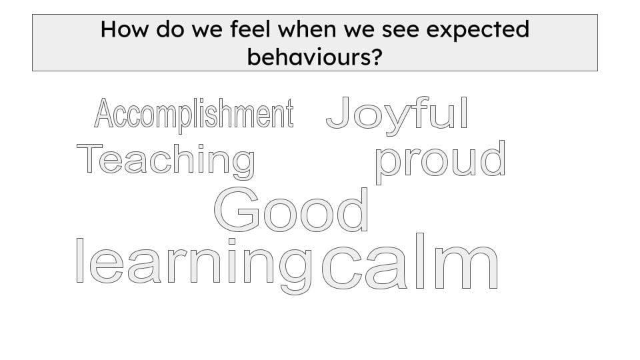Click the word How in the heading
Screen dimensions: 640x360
(x=124, y=29)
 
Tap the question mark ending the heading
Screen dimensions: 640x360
(x=376, y=56)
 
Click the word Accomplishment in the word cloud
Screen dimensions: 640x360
(x=194, y=114)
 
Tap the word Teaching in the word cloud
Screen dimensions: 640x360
(x=166, y=161)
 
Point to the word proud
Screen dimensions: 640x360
(x=440, y=161)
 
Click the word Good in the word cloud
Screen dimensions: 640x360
(x=291, y=209)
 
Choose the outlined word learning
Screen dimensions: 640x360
(x=194, y=265)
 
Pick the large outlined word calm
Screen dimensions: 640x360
(x=410, y=261)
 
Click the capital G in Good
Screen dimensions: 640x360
(x=236, y=209)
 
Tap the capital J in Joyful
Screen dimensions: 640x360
(x=339, y=113)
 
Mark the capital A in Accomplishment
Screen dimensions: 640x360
(x=104, y=113)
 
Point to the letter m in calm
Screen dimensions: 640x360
(x=466, y=267)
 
